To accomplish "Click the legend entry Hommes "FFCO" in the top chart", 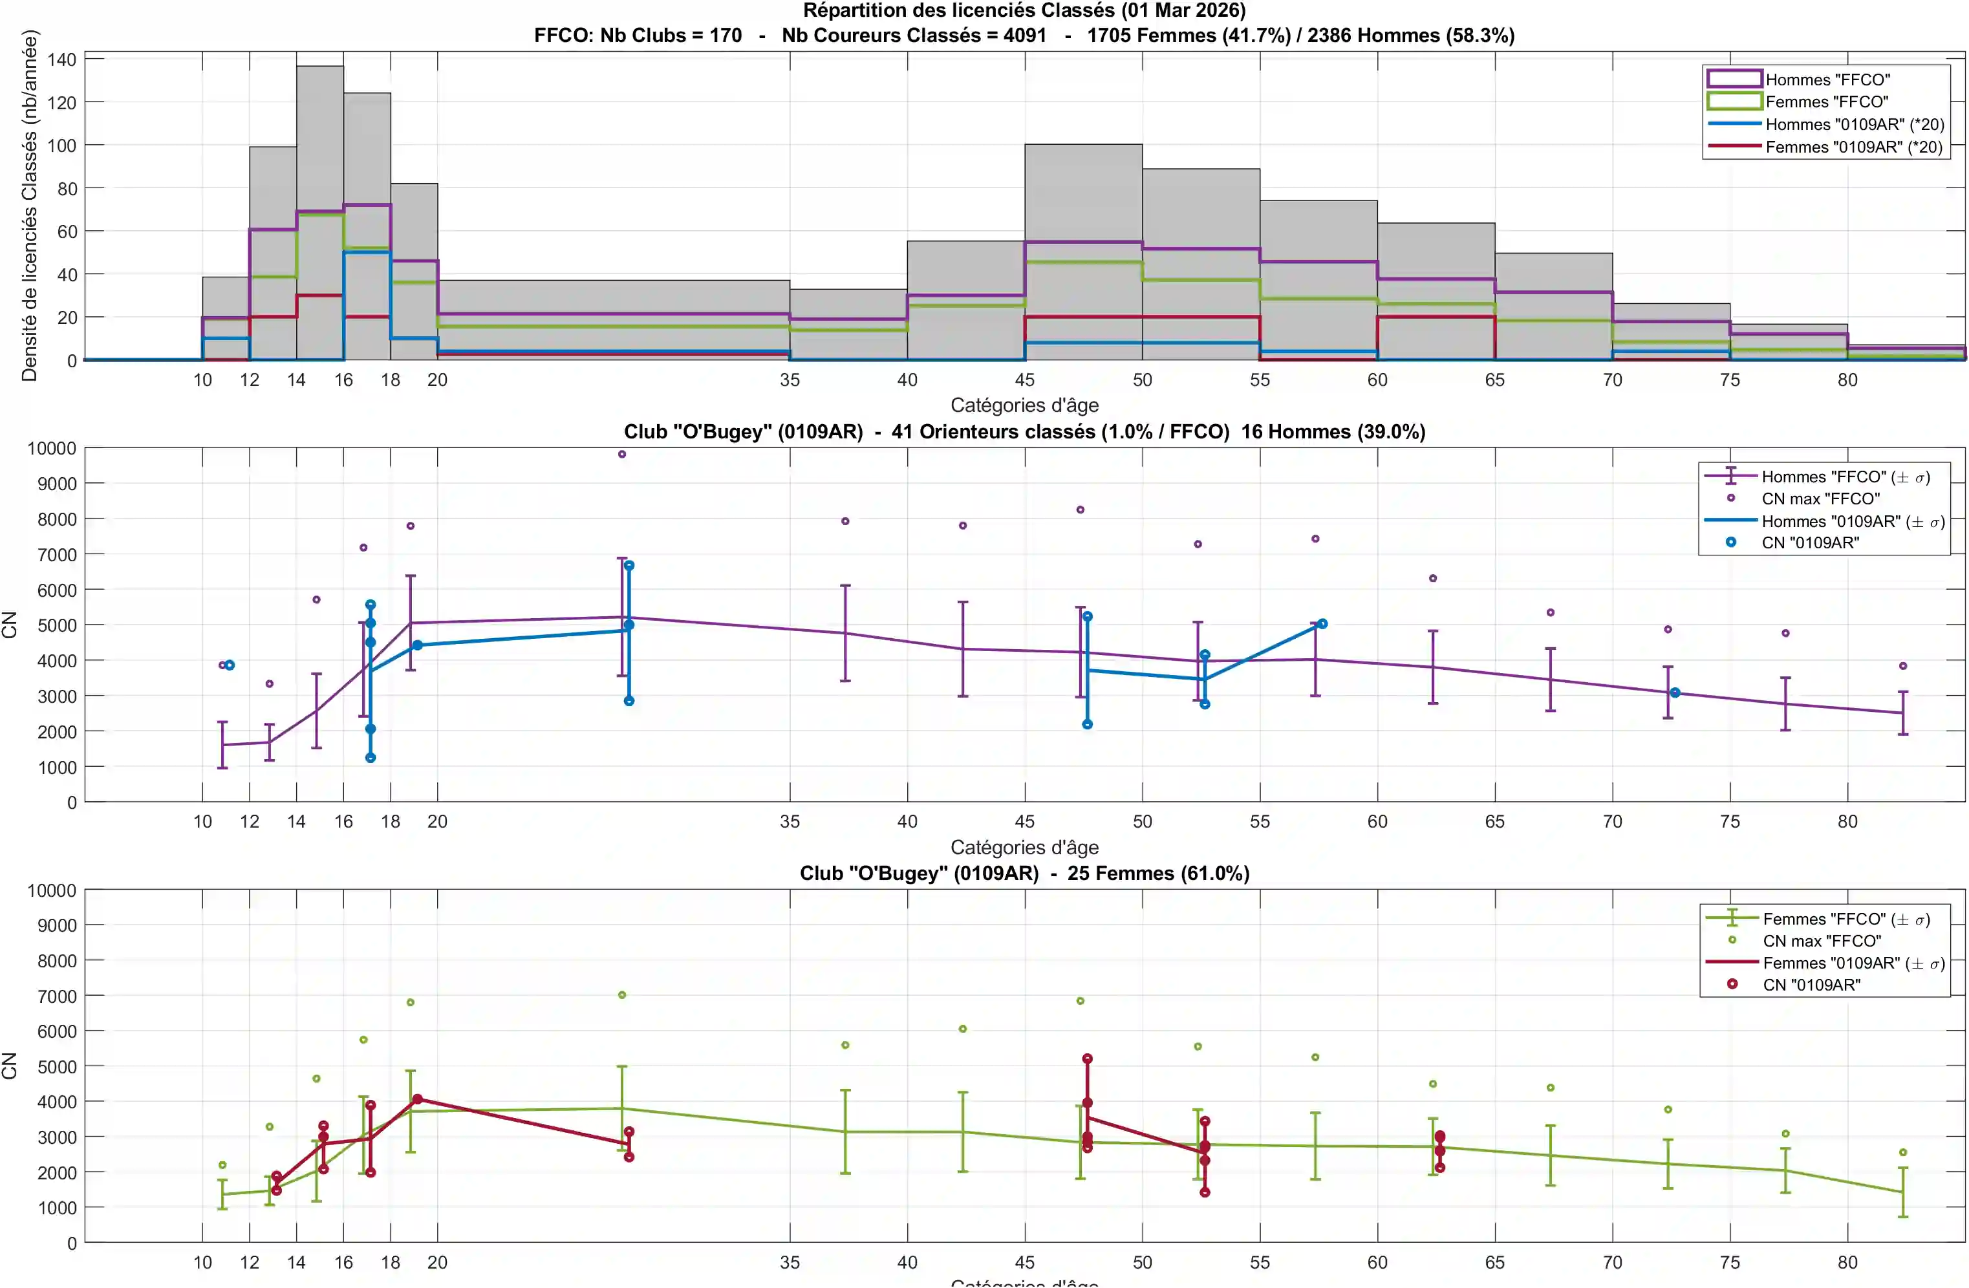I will coord(1827,80).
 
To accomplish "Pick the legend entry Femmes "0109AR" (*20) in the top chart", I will coord(1853,147).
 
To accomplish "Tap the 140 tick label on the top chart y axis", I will coord(61,59).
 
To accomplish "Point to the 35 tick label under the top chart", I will coord(790,380).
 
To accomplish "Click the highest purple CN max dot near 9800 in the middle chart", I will coord(622,454).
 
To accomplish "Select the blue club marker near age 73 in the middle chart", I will coord(1675,692).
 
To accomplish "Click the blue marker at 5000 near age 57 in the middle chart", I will coord(1322,624).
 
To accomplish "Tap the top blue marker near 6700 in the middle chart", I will coord(629,565).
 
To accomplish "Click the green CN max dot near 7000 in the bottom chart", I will coord(622,995).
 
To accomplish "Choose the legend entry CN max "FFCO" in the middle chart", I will coord(1820,499).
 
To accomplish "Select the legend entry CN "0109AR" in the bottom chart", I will coord(1811,984).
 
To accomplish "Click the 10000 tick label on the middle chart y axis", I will coord(51,448).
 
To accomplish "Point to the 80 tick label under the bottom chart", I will coord(1847,1262).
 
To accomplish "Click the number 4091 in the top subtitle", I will coord(1024,36).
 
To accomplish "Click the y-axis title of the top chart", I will coord(30,205).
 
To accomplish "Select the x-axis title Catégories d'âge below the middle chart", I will coord(1024,847).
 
